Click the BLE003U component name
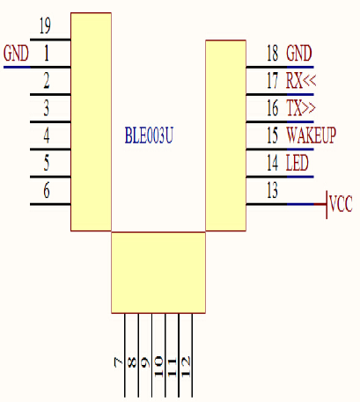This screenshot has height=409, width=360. tap(149, 135)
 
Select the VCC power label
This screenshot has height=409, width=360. tap(341, 203)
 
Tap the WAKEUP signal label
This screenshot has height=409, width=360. tap(311, 135)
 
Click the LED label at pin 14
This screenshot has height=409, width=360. tap(298, 163)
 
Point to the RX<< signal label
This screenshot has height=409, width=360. tap(301, 80)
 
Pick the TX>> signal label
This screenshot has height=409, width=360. tap(301, 108)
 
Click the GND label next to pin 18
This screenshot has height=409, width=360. tap(299, 53)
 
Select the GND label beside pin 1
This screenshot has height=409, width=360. tap(16, 53)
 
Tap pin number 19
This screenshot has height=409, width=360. tap(45, 26)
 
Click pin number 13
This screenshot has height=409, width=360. tap(272, 190)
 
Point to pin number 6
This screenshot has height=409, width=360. tap(47, 190)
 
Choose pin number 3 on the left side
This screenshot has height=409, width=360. tap(47, 108)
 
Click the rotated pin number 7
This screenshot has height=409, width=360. tap(119, 362)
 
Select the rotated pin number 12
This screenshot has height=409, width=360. tap(186, 366)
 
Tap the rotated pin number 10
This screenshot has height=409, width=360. tap(159, 366)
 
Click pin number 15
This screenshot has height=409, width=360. tap(272, 135)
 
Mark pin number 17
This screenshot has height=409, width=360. tap(272, 80)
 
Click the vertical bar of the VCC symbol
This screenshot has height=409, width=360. tap(327, 205)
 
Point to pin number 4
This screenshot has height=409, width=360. tap(47, 135)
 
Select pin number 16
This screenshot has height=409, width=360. tap(272, 108)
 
